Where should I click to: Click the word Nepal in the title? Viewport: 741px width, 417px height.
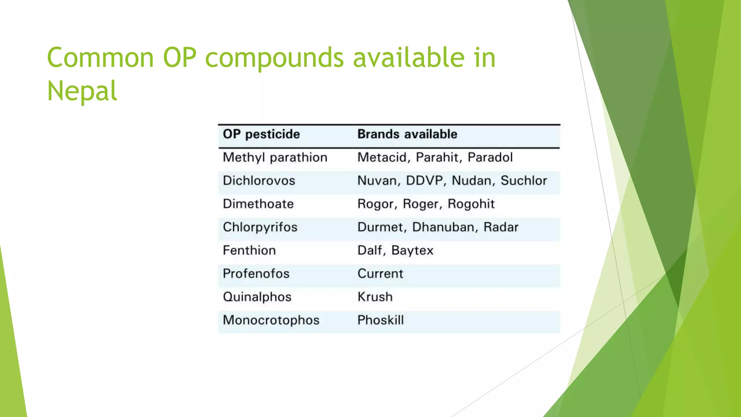coord(82,90)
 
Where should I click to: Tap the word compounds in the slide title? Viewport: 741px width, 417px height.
coord(274,58)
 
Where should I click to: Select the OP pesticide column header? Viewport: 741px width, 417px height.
coord(261,134)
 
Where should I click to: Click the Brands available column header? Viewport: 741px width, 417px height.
coord(407,134)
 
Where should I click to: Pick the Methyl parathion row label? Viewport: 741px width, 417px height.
coord(275,157)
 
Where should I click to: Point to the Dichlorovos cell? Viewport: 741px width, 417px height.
coord(259,181)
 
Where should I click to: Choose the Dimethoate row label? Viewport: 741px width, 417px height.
coord(258,204)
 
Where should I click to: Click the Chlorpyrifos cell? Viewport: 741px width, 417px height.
coord(260,227)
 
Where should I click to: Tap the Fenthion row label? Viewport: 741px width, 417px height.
coord(249,250)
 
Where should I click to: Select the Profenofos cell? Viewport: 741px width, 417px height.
coord(256,274)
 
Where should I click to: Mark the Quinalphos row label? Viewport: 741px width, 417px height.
coord(257,297)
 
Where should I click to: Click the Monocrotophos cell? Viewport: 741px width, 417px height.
coord(271,320)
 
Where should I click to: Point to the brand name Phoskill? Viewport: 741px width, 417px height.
coord(380,320)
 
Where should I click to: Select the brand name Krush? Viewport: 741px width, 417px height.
coord(375,297)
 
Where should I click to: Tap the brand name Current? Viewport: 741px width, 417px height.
coord(380,274)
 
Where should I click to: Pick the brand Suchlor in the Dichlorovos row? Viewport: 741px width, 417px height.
coord(524,181)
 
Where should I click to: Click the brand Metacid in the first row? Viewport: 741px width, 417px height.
coord(382,157)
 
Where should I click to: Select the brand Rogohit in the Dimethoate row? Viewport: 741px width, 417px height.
coord(471,204)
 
